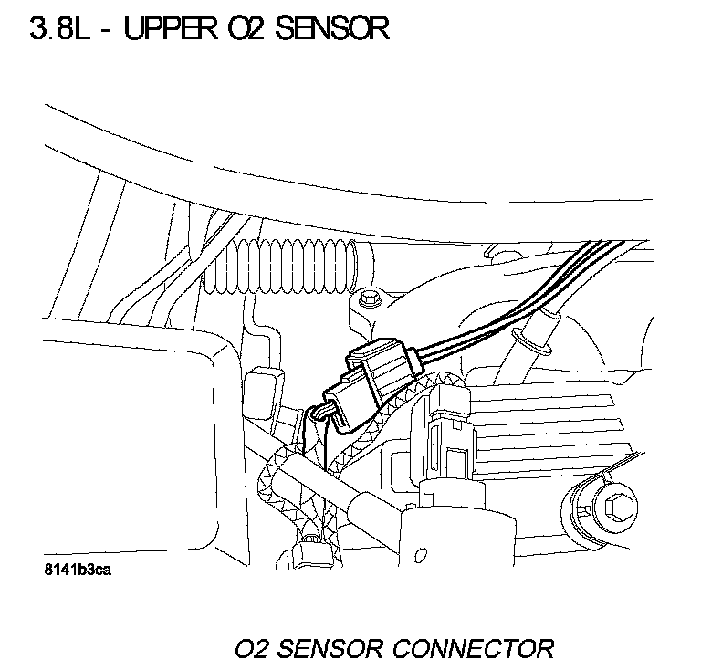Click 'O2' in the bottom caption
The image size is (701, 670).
pyautogui.click(x=252, y=649)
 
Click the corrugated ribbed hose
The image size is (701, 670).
pyautogui.click(x=283, y=270)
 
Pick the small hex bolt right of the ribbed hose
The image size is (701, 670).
pyautogui.click(x=371, y=298)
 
